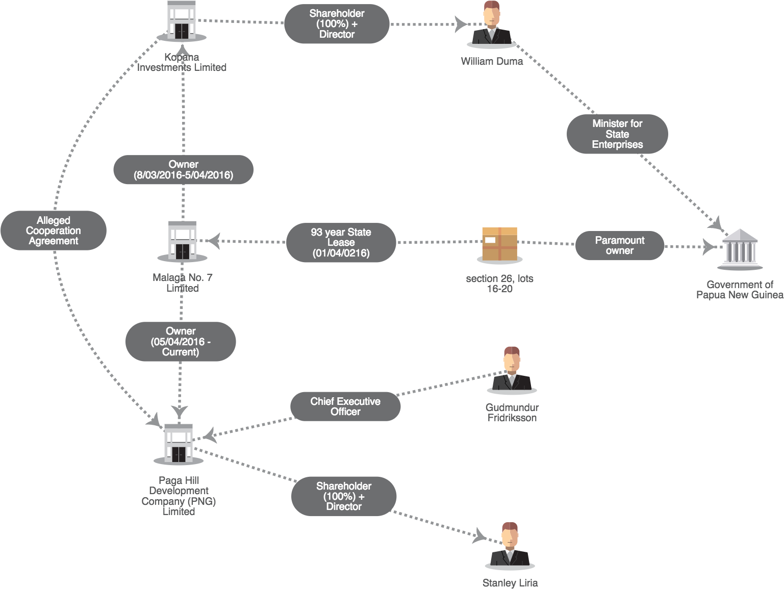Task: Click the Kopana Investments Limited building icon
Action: point(182,21)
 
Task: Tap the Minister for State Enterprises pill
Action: point(617,134)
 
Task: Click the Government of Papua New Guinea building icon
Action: point(740,249)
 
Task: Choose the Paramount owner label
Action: point(620,245)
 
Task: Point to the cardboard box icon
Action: point(500,245)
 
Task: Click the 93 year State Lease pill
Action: point(341,242)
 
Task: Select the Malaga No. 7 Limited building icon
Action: point(182,242)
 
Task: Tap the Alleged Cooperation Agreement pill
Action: point(54,231)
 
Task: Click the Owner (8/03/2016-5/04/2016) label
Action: point(183,169)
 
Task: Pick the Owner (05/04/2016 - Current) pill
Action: point(181,342)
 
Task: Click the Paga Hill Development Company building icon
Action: point(179,444)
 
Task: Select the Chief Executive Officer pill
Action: point(345,406)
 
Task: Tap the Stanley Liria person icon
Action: point(510,546)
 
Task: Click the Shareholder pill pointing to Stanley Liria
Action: point(344,496)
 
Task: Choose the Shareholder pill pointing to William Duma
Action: point(337,24)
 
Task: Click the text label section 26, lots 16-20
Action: point(500,284)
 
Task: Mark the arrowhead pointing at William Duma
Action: point(461,24)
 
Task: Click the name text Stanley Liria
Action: point(510,583)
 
